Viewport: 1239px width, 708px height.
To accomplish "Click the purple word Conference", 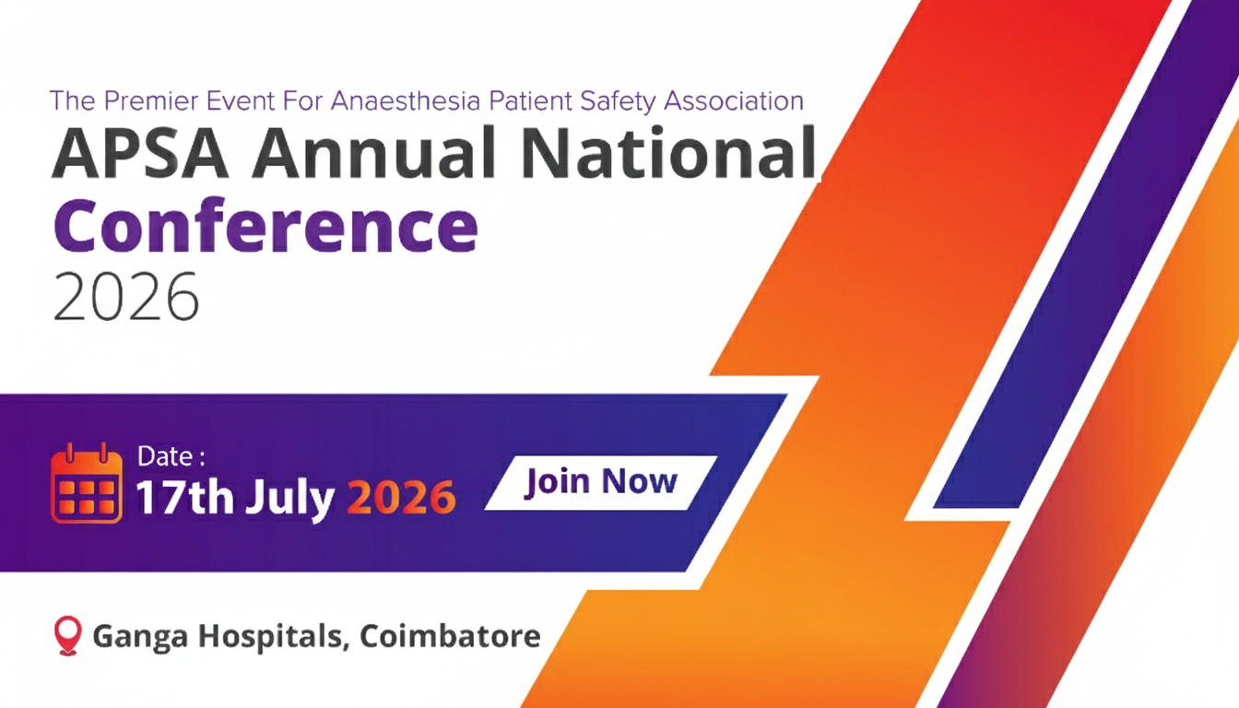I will coord(265,228).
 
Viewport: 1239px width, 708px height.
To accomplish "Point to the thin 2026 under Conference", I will coord(125,298).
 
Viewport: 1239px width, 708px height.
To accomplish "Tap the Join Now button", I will coord(601,481).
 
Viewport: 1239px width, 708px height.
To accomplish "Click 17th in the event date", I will coord(184,497).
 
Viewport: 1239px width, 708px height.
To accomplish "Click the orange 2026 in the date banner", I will coord(401,497).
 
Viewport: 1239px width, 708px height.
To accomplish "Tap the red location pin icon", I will coord(67,636).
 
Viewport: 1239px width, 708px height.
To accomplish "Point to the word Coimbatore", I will coord(450,636).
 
